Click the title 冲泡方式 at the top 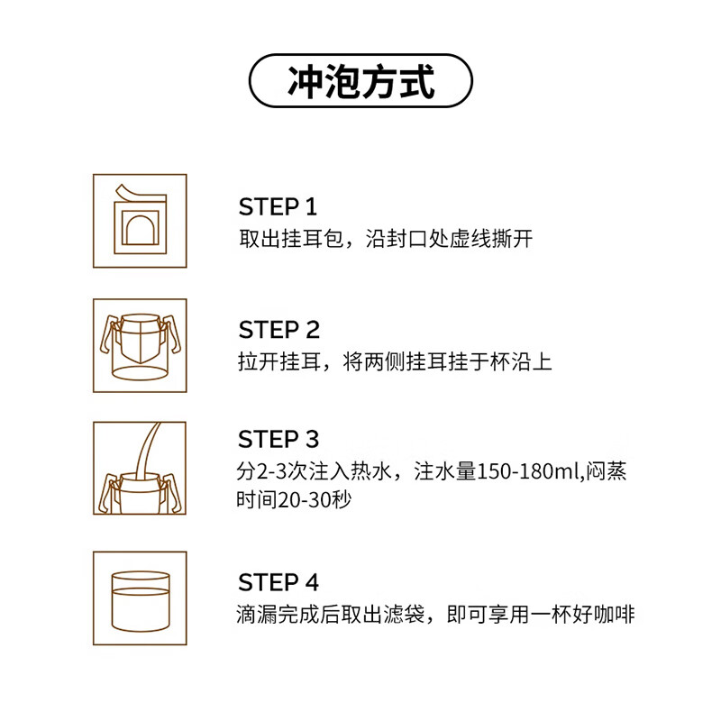tap(360, 82)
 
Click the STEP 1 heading tap(278, 207)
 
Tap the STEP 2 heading tap(278, 330)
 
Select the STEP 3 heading tap(278, 440)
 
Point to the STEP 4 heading tap(278, 582)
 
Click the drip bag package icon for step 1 tap(140, 221)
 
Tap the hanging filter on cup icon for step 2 tap(140, 345)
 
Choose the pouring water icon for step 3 tap(140, 469)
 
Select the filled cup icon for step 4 tap(140, 598)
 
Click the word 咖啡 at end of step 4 tap(616, 616)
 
